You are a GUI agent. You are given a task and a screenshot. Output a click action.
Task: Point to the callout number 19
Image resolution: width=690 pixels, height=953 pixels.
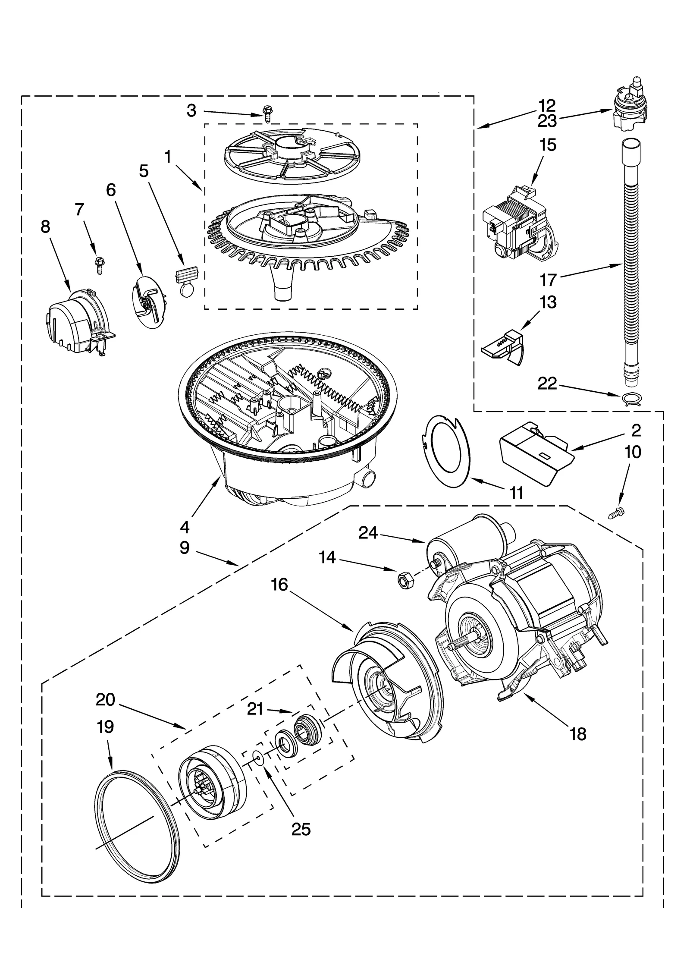105,727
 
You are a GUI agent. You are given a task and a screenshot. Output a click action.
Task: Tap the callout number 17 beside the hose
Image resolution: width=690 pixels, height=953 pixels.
549,281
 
